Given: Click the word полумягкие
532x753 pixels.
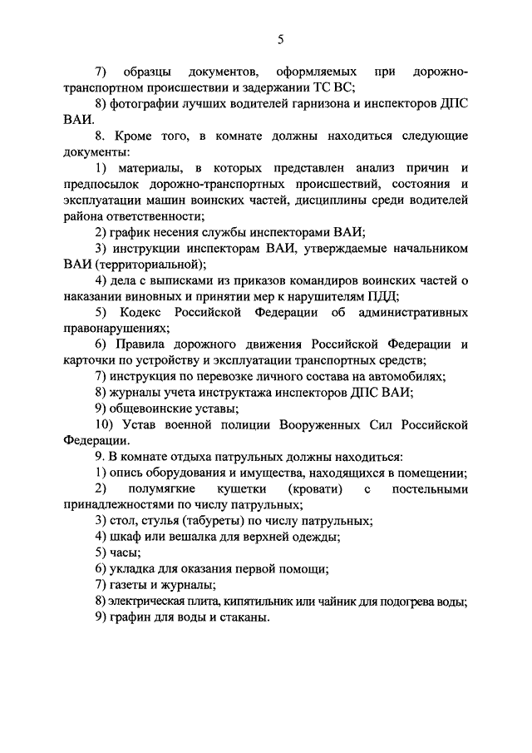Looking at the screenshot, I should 180,488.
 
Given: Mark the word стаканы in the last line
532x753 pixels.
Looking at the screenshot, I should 244,617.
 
